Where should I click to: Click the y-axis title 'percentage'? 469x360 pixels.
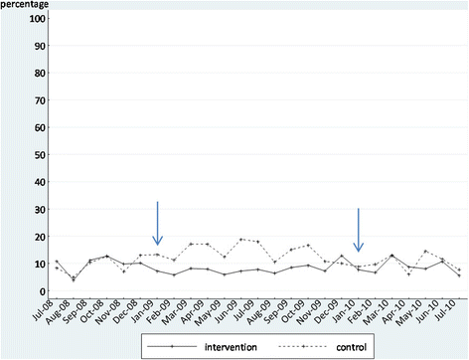pyautogui.click(x=25, y=5)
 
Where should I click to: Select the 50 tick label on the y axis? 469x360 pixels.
pyautogui.click(x=40, y=155)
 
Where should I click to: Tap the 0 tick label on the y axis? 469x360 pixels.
pyautogui.click(x=42, y=291)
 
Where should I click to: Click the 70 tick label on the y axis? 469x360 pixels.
pyautogui.click(x=40, y=100)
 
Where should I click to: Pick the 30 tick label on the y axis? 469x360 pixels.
pyautogui.click(x=40, y=210)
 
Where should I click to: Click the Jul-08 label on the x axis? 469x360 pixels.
pyautogui.click(x=43, y=310)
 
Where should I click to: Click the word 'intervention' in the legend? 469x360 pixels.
pyautogui.click(x=231, y=347)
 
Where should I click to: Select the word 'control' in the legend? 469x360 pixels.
pyautogui.click(x=352, y=347)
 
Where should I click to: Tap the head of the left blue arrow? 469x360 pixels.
pyautogui.click(x=158, y=245)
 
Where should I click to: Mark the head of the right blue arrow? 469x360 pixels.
pyautogui.click(x=359, y=251)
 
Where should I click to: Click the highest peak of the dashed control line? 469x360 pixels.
pyautogui.click(x=241, y=240)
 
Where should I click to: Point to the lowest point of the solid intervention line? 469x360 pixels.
pyautogui.click(x=74, y=280)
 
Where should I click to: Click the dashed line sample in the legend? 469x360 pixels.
pyautogui.click(x=303, y=347)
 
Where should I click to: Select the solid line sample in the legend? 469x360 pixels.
pyautogui.click(x=172, y=347)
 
